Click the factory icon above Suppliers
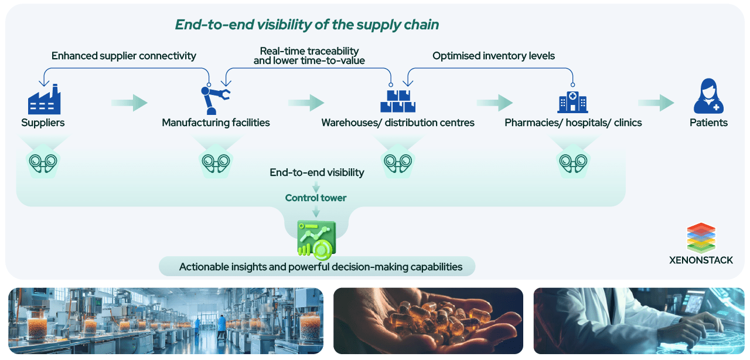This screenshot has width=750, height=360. pos(44,99)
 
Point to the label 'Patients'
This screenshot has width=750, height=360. pos(708,123)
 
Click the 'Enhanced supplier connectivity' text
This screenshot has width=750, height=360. pos(124,56)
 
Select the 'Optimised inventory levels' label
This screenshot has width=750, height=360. pos(493,56)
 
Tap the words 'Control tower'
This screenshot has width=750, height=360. pos(316,198)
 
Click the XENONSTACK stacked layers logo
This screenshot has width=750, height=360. pos(701,237)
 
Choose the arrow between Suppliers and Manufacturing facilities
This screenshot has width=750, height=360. pos(129,103)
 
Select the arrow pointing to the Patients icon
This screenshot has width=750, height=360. pos(656,103)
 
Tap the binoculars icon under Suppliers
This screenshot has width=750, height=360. pos(45,162)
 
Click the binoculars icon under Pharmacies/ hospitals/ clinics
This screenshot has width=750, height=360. pos(572,162)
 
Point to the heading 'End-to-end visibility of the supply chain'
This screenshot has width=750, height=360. pos(307,25)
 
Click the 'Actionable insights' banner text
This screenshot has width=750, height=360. pos(321,267)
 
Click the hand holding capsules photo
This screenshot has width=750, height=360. pos(428,321)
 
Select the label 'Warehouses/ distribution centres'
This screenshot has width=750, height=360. pos(397,123)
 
